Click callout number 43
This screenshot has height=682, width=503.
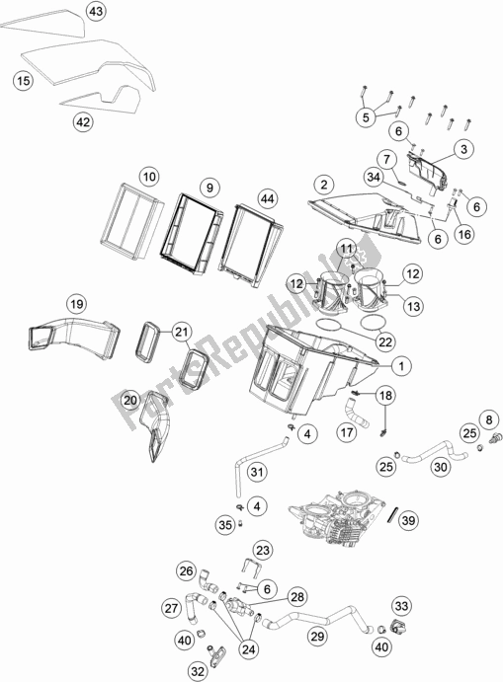click(95, 12)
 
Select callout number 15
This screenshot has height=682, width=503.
click(22, 81)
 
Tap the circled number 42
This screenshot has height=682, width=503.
click(83, 122)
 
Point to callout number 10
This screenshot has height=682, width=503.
click(148, 177)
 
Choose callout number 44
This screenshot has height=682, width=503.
click(264, 197)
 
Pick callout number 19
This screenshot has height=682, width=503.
click(77, 304)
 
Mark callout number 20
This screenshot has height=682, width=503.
click(131, 399)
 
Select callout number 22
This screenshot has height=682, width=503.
click(383, 341)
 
